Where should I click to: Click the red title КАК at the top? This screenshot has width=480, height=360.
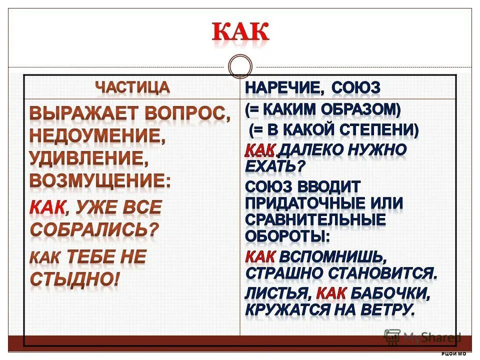(x=240, y=33)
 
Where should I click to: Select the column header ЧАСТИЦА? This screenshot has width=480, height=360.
(x=132, y=87)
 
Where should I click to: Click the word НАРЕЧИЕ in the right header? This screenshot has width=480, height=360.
(x=281, y=88)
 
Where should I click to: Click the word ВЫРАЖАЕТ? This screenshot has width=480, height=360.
(x=83, y=113)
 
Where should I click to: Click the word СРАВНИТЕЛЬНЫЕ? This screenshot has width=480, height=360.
(x=315, y=219)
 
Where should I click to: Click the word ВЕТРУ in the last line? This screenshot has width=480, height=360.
(x=390, y=309)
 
